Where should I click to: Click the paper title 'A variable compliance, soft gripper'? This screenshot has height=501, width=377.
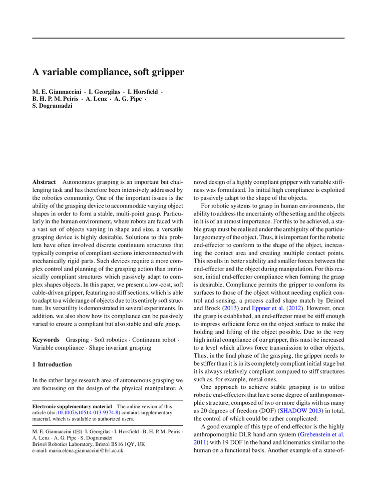point(108,72)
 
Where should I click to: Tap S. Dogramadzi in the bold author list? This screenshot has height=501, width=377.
point(52,106)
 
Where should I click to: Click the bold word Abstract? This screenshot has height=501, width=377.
point(44,182)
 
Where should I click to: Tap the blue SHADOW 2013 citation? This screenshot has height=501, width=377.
point(299,410)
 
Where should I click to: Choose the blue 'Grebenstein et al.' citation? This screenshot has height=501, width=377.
point(321,434)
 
